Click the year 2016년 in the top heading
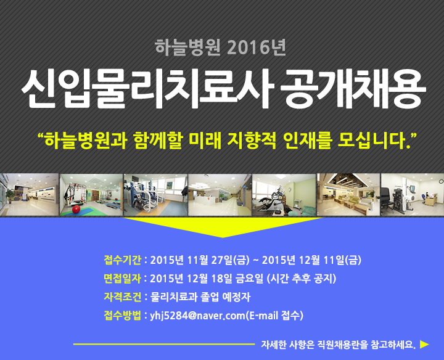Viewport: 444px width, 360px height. pos(257,47)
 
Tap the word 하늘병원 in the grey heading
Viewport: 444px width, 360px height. pos(187,47)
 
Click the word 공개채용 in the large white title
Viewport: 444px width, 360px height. pos(353,89)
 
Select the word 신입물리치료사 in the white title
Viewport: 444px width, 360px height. pos(148,89)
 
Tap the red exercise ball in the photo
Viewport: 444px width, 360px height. pos(76,209)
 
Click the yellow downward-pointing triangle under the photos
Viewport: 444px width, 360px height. pos(223,226)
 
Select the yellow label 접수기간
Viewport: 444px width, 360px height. pos(122,260)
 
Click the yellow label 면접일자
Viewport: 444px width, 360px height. pos(122,279)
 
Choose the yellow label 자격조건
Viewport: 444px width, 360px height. pos(122,297)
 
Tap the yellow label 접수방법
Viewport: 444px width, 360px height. pos(122,315)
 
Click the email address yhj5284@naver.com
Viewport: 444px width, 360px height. pos(197,315)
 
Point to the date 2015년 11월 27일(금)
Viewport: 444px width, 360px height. pos(200,260)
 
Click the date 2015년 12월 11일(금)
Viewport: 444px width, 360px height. pos(311,260)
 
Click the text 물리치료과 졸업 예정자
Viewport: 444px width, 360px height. pos(200,297)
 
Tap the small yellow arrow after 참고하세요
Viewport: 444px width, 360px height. pos(424,344)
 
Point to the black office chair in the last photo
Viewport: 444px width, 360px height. pos(387,200)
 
